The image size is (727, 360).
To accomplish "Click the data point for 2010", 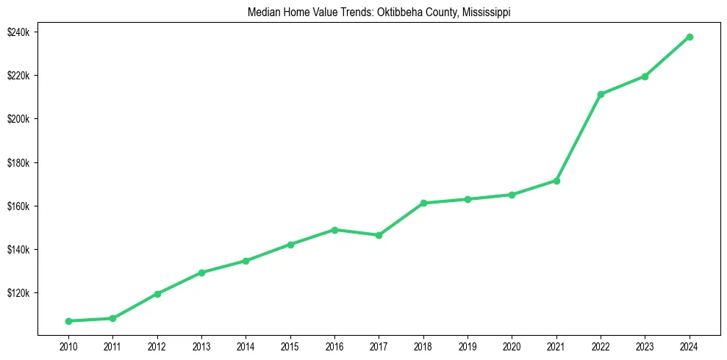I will pos(68,321).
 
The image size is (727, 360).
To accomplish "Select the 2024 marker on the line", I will pos(690,37).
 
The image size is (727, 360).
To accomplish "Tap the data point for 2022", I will pos(601,94).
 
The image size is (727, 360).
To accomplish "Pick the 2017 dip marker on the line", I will pos(379,235).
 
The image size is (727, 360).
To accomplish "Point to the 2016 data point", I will pos(334,230).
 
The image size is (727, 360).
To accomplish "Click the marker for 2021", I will pos(556,181).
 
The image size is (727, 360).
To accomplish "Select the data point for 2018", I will pos(423,203).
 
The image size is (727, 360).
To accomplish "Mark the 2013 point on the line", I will pos(201,273).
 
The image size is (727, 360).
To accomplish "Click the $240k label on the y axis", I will pos(17,32).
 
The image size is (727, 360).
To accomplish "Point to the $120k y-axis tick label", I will pos(17,293).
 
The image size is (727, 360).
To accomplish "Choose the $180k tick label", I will pos(17,162).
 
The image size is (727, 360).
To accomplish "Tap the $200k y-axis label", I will pos(17,119).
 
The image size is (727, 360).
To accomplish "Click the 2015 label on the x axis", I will pos(290,346).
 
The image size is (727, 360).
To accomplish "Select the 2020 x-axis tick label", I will pos(512,346).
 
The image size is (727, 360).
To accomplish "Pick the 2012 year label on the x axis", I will pos(157,346).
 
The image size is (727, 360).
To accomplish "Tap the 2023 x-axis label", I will pos(645,346).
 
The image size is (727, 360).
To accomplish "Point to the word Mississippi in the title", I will pos(486,12).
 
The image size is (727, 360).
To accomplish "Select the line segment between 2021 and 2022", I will pos(579,137).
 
